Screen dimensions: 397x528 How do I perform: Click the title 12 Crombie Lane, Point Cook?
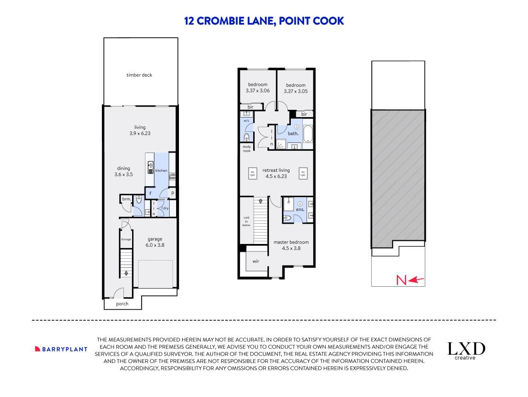[x=264, y=21]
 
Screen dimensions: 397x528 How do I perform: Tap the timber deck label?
[x=139, y=75]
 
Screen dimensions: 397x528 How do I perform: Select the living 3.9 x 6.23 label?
[x=140, y=130]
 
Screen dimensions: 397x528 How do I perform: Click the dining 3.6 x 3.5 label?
[x=123, y=171]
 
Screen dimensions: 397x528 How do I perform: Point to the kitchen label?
[x=161, y=170]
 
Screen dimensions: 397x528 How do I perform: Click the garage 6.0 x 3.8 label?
[x=155, y=242]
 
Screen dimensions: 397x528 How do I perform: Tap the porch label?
[x=122, y=304]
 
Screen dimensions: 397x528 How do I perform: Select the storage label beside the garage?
[x=126, y=239]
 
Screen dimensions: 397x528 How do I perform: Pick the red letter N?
[x=401, y=279]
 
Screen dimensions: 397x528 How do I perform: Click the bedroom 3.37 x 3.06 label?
[x=257, y=88]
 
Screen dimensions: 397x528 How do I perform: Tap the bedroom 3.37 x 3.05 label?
[x=295, y=88]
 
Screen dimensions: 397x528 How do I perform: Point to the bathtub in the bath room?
[x=308, y=134]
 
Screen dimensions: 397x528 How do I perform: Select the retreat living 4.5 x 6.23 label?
[x=276, y=173]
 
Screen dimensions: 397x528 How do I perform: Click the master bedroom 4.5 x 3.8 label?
[x=291, y=245]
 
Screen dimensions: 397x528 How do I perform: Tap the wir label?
[x=256, y=261]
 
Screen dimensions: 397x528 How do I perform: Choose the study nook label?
[x=247, y=149]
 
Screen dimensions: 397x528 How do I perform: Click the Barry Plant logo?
[x=61, y=349]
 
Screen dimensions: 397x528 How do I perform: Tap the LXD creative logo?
[x=466, y=351]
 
